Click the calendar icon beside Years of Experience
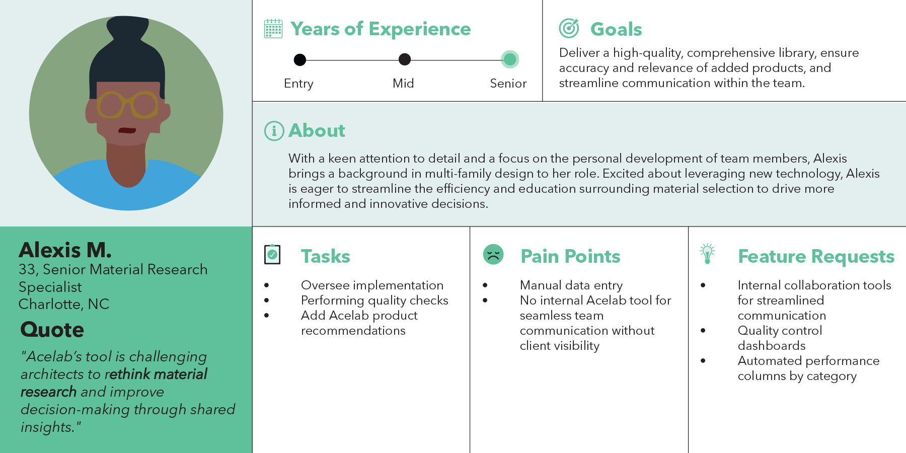coord(273,29)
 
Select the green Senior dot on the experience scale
coord(510,59)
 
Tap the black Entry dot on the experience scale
coord(299,60)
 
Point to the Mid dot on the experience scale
coord(405,59)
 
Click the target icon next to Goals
coord(569,28)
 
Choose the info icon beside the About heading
coord(274,131)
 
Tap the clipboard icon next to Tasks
coord(272,254)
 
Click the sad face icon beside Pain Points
coord(493,254)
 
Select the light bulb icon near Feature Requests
coord(707,254)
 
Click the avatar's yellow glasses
coord(128,105)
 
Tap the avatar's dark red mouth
coord(127,130)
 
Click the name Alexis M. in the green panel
coord(65,250)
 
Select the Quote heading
coord(52,330)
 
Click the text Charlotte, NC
coord(64,304)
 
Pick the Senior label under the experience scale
coord(508,84)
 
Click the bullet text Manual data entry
coord(571,285)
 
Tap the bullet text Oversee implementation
coord(372,285)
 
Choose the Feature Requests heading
coord(816,256)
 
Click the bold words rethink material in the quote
coord(157,374)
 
